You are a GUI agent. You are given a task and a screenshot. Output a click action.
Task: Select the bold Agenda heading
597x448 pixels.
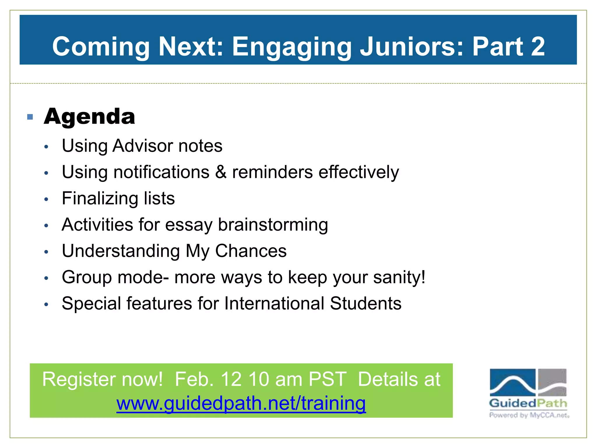click(x=89, y=116)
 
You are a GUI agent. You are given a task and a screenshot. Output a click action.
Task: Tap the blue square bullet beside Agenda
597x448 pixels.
click(x=30, y=117)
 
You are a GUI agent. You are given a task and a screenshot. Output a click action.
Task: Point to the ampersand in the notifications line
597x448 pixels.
click(x=221, y=172)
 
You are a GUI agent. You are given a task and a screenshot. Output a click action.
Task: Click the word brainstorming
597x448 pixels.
click(x=273, y=225)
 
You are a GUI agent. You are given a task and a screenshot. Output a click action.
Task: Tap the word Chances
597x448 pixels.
click(x=251, y=251)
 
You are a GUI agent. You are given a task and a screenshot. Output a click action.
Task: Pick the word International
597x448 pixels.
click(x=274, y=303)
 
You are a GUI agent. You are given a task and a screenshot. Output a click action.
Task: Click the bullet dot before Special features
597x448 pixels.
click(x=46, y=304)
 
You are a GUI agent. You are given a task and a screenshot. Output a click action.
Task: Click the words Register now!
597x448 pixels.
click(x=102, y=379)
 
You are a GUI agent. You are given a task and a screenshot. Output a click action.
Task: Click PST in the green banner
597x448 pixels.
click(x=327, y=379)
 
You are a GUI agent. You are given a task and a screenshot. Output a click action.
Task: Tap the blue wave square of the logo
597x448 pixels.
click(x=512, y=382)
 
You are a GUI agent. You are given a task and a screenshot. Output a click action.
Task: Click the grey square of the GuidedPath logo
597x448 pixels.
click(x=552, y=382)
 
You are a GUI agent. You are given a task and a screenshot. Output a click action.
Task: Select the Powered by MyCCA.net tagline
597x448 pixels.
click(x=529, y=415)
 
